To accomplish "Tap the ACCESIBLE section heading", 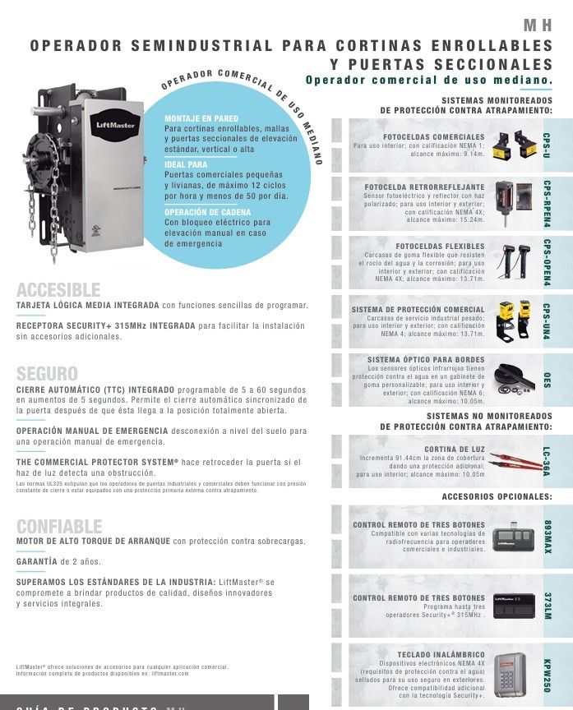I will pyautogui.click(x=58, y=290).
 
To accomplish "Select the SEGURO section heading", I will pyautogui.click(x=47, y=373).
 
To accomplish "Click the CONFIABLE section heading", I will pyautogui.click(x=59, y=526).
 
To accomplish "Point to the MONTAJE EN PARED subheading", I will pyautogui.click(x=201, y=119).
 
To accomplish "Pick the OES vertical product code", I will pyautogui.click(x=548, y=380).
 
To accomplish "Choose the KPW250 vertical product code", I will pyautogui.click(x=548, y=675).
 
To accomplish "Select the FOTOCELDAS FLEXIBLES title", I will pyautogui.click(x=440, y=247).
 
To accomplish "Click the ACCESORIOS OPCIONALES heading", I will pyautogui.click(x=497, y=497).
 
